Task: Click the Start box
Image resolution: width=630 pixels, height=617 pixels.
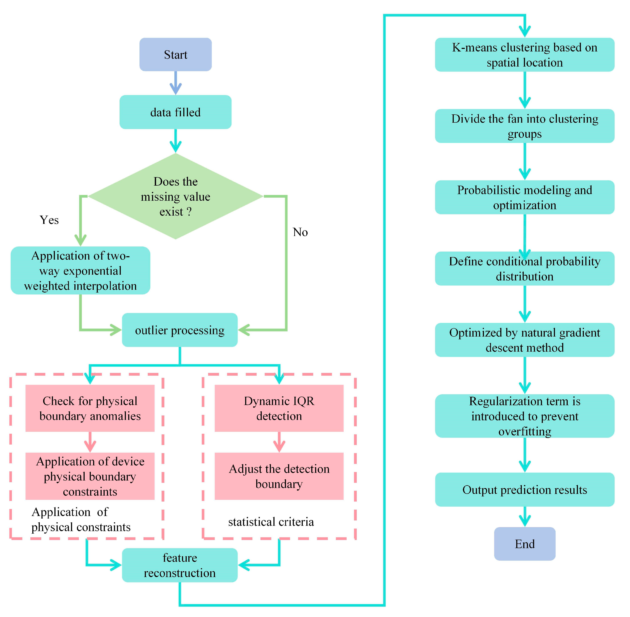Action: [x=175, y=54]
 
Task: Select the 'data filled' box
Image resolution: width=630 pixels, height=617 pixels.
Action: [x=175, y=112]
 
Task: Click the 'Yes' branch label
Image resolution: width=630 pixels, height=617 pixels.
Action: [x=49, y=220]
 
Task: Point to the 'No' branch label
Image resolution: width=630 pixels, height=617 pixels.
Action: [x=300, y=232]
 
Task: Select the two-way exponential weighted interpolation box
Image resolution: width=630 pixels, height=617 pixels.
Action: [x=80, y=271]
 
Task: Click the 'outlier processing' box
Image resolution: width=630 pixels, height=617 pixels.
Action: [x=179, y=330]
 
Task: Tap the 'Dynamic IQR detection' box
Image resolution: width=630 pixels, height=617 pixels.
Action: [x=279, y=408]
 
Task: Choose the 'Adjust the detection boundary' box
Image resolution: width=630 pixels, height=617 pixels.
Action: [x=279, y=476]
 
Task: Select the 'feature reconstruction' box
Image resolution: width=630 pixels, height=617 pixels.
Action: [x=179, y=565]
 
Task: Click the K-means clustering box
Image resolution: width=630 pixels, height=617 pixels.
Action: [x=524, y=55]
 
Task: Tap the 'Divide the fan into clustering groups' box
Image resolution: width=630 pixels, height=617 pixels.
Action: [x=524, y=126]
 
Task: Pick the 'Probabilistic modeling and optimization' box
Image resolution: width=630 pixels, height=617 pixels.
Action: [x=524, y=197]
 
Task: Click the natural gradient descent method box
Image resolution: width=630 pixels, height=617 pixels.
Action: [x=524, y=340]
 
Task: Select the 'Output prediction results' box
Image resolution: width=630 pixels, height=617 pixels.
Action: [x=524, y=490]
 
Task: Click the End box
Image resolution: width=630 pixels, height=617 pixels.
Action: [x=524, y=544]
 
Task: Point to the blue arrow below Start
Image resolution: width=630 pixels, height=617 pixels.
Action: [x=175, y=83]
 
